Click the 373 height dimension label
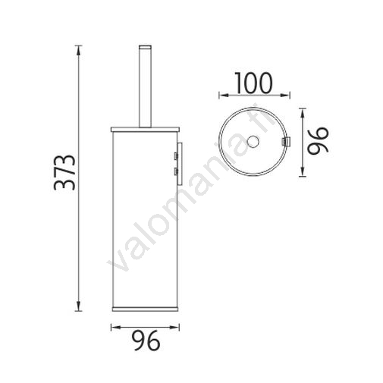(64, 172)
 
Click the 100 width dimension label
(254, 83)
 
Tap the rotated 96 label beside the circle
(318, 140)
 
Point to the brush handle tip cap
(145, 47)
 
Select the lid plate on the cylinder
(145, 130)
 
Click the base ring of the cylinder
(145, 309)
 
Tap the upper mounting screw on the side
(175, 155)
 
